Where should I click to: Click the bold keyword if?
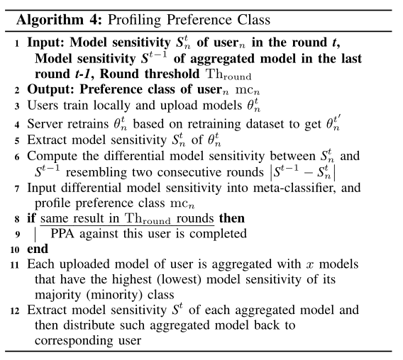click(x=32, y=218)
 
